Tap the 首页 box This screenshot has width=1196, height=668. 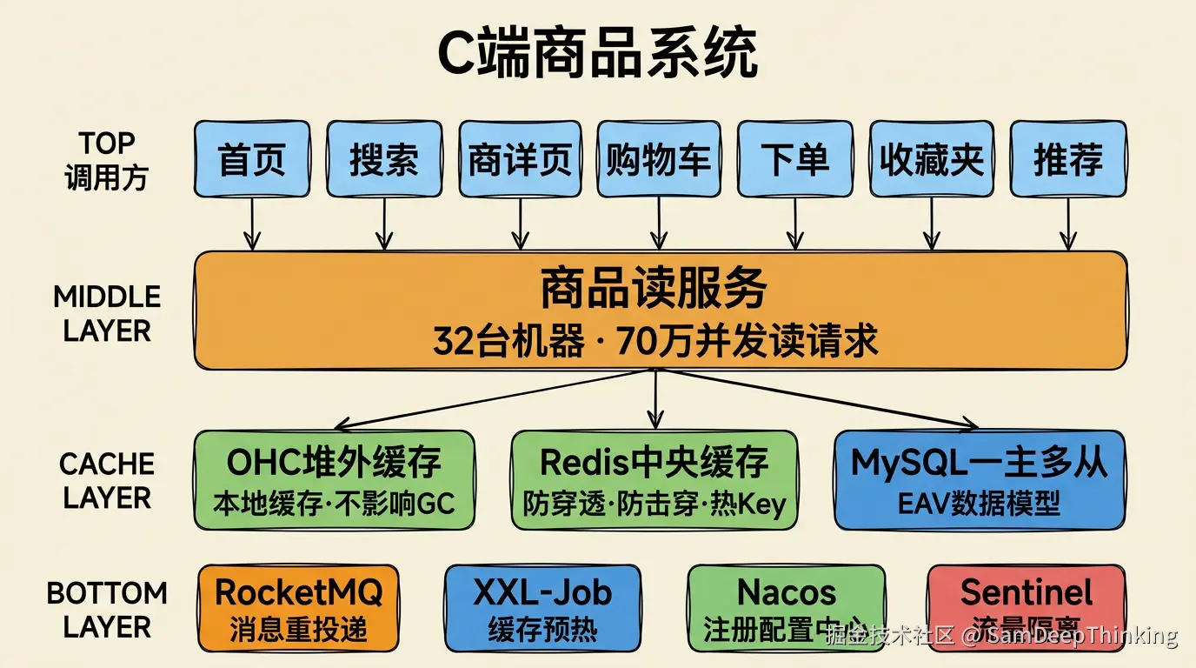[x=252, y=159]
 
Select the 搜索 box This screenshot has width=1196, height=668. [x=384, y=159]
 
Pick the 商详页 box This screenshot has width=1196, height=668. [x=520, y=159]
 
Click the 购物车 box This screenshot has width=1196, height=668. [x=658, y=159]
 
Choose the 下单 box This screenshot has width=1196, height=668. [x=794, y=159]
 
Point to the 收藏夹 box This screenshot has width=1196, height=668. [x=931, y=159]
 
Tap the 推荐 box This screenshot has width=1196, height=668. [x=1067, y=159]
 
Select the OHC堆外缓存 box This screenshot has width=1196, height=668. [x=335, y=479]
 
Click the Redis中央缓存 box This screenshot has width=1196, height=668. [x=654, y=479]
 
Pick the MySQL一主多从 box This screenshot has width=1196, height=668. [x=980, y=479]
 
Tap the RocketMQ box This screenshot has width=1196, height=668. [x=298, y=608]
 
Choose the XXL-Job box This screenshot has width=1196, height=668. [x=542, y=608]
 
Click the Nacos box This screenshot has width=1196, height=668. [x=786, y=608]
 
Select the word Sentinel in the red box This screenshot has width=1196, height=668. [x=1027, y=592]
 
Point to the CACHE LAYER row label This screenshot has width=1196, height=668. [x=107, y=480]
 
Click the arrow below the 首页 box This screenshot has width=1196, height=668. [x=252, y=224]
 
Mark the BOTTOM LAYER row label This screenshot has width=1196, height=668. [x=107, y=609]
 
